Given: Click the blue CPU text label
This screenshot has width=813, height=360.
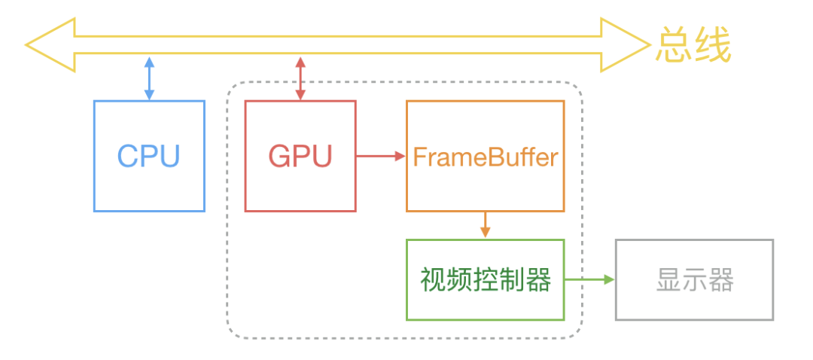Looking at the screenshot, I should click(x=149, y=156).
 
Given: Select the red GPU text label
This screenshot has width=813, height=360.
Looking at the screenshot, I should click(x=300, y=156).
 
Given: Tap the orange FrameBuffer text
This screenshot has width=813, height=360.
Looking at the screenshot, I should click(x=485, y=157).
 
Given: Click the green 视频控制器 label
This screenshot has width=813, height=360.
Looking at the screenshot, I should click(x=485, y=280).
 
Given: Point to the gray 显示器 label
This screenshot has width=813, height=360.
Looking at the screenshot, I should click(x=694, y=280).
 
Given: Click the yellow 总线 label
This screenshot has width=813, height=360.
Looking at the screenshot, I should click(x=693, y=47).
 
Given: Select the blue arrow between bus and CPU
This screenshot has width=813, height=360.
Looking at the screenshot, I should click(x=149, y=78).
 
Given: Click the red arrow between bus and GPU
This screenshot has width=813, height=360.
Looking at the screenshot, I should click(x=300, y=78).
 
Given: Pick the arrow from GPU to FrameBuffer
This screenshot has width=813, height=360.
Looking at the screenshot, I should click(x=381, y=157).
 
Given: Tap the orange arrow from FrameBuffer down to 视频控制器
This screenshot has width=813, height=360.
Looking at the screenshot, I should click(x=485, y=224).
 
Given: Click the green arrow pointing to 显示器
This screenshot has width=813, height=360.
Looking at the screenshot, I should click(x=589, y=279).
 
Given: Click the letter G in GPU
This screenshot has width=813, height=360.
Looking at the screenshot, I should click(x=279, y=156).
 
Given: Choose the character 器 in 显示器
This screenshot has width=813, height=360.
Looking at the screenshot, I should click(x=720, y=280).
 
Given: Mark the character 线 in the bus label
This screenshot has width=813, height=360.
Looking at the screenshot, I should click(x=713, y=47).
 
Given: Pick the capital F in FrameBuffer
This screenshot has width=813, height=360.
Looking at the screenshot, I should click(x=419, y=157).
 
